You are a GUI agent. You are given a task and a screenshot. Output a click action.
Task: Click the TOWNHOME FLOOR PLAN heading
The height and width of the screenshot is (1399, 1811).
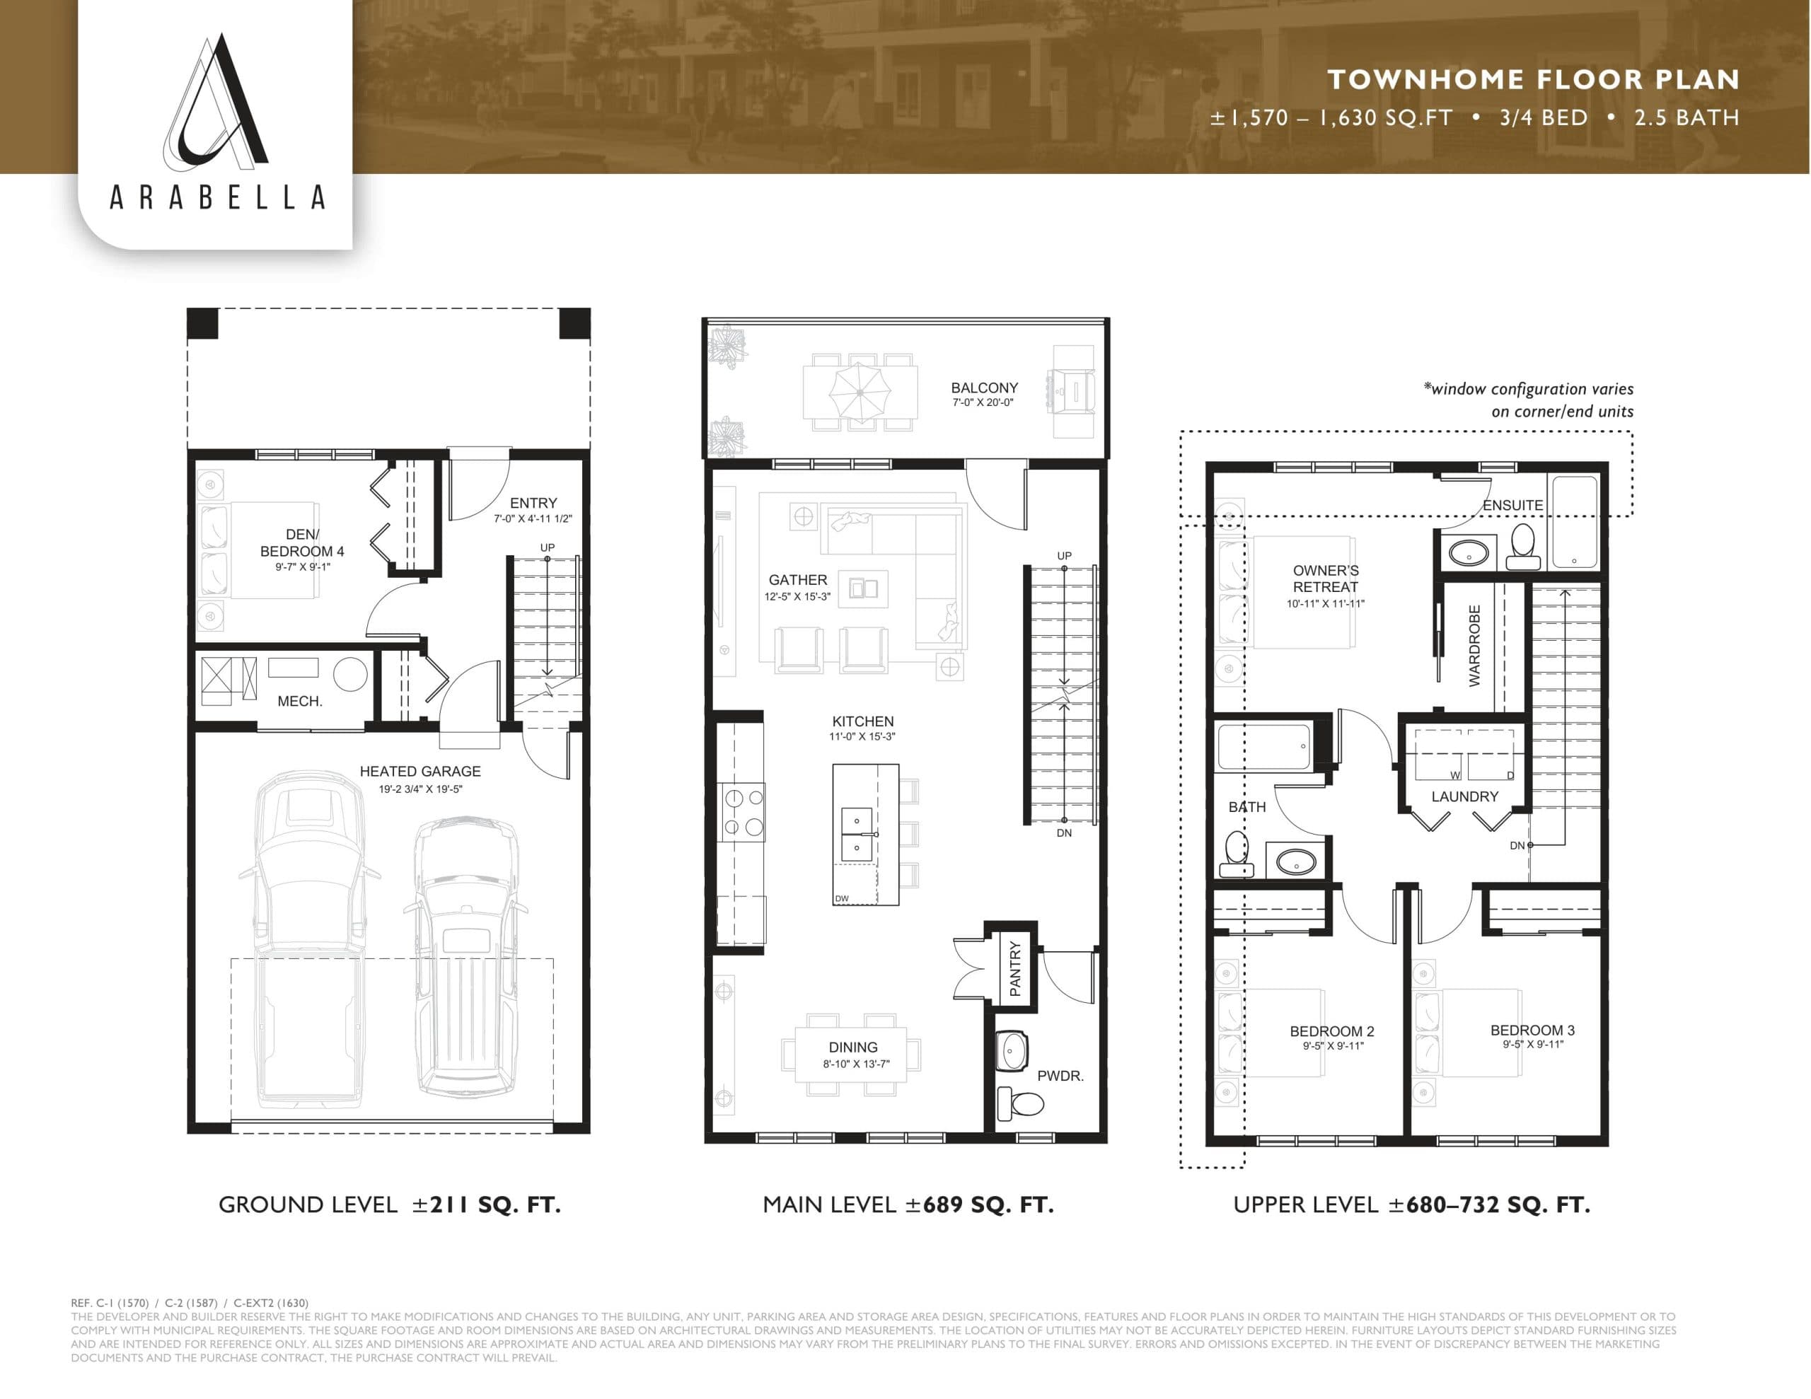coord(1532,80)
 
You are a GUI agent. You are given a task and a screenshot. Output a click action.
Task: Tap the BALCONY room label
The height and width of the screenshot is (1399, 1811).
coord(983,388)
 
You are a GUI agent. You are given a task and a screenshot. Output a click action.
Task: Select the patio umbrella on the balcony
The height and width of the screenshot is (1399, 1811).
coord(860,390)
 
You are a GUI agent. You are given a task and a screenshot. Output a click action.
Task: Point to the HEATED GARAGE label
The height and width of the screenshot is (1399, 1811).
coord(420,771)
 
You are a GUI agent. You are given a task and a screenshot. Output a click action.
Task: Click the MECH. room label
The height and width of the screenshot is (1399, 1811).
coord(299,702)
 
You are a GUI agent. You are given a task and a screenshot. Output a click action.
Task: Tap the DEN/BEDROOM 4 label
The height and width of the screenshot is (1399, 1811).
coord(302,543)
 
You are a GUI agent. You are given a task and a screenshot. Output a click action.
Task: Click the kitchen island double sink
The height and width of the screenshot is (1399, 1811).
coord(857,832)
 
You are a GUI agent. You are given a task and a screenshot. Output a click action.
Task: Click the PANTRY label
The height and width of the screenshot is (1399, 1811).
coord(1015,967)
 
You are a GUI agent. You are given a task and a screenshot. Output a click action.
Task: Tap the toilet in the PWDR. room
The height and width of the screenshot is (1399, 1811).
coord(1022,1103)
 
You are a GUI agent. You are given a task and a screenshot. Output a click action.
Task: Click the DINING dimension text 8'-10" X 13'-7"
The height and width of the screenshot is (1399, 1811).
coord(856,1064)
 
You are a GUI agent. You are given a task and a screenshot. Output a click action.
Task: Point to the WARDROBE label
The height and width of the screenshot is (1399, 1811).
coord(1474,646)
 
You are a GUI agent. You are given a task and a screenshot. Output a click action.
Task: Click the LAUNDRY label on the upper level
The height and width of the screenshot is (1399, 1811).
coord(1464,797)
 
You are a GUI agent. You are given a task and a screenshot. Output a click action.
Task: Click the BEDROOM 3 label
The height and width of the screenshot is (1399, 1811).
coord(1532,1030)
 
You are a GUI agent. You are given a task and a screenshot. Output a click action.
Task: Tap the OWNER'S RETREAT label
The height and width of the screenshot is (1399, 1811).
coord(1325,578)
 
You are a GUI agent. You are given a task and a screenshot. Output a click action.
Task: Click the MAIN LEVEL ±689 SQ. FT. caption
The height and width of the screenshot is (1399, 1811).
coord(908,1205)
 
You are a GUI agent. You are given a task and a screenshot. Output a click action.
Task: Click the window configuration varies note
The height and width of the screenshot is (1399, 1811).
coord(1528,400)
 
